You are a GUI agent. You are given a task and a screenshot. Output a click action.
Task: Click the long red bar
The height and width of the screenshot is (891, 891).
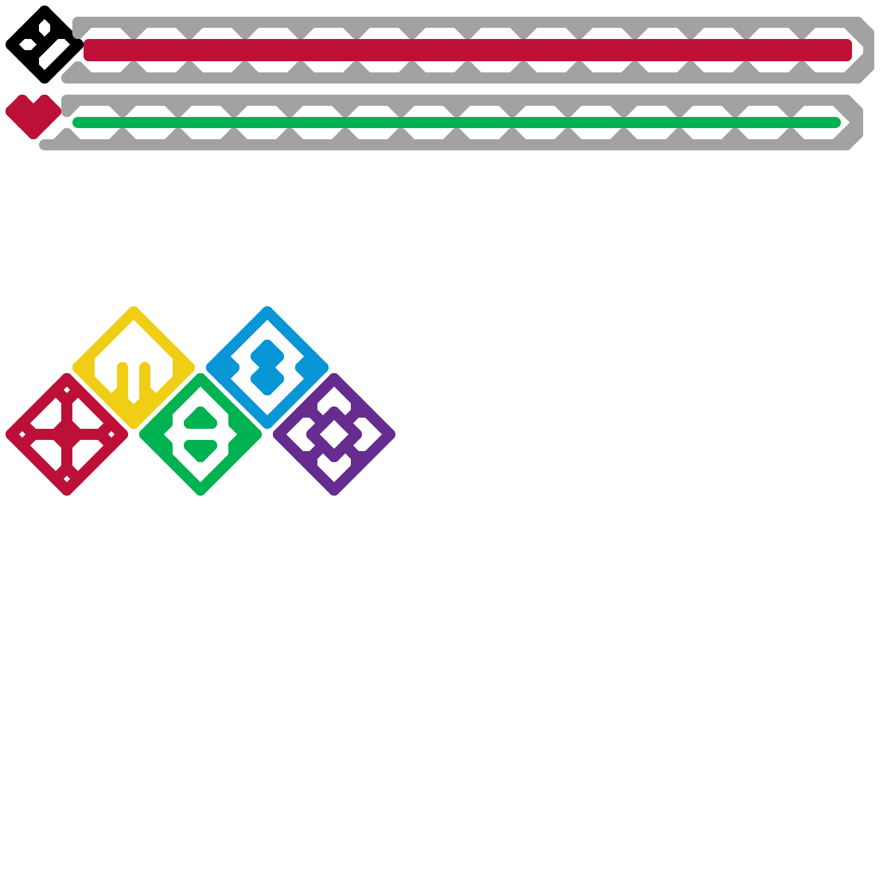(x=468, y=50)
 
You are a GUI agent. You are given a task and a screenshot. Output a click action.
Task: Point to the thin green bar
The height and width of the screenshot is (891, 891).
(x=457, y=123)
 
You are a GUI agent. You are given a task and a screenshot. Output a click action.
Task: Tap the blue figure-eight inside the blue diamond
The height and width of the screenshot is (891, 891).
(x=267, y=368)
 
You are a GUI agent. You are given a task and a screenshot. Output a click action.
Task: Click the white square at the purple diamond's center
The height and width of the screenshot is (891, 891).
(x=334, y=434)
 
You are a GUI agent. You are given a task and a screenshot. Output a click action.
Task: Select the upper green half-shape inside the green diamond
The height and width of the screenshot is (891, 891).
(x=200, y=419)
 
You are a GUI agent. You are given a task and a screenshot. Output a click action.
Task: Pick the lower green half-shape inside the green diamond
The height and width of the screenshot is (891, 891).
(x=200, y=449)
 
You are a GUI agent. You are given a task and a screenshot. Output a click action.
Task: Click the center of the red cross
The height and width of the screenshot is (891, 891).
(x=67, y=434)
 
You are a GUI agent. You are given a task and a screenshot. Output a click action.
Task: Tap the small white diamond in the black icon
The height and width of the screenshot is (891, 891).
(x=45, y=27)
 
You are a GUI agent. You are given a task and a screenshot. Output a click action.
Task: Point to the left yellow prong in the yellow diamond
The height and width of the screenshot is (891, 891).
(x=123, y=379)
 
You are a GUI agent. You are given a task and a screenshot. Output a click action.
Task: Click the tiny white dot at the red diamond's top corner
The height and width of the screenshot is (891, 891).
(x=67, y=390)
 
